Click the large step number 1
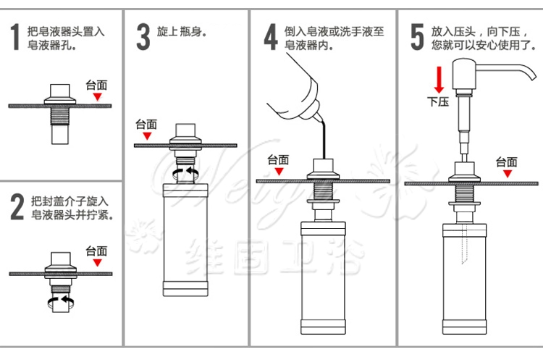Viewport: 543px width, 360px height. [14, 37]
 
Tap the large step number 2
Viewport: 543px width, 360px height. [17, 206]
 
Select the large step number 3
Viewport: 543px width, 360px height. [143, 37]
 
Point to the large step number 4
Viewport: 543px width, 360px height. [270, 37]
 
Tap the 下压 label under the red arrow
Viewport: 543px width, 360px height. [438, 101]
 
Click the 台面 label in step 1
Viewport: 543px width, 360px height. [96, 83]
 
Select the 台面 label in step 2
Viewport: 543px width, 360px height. [96, 251]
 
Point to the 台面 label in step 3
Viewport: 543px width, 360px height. [146, 123]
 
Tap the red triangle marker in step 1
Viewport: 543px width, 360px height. [97, 96]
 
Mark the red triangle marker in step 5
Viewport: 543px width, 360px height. [507, 174]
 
